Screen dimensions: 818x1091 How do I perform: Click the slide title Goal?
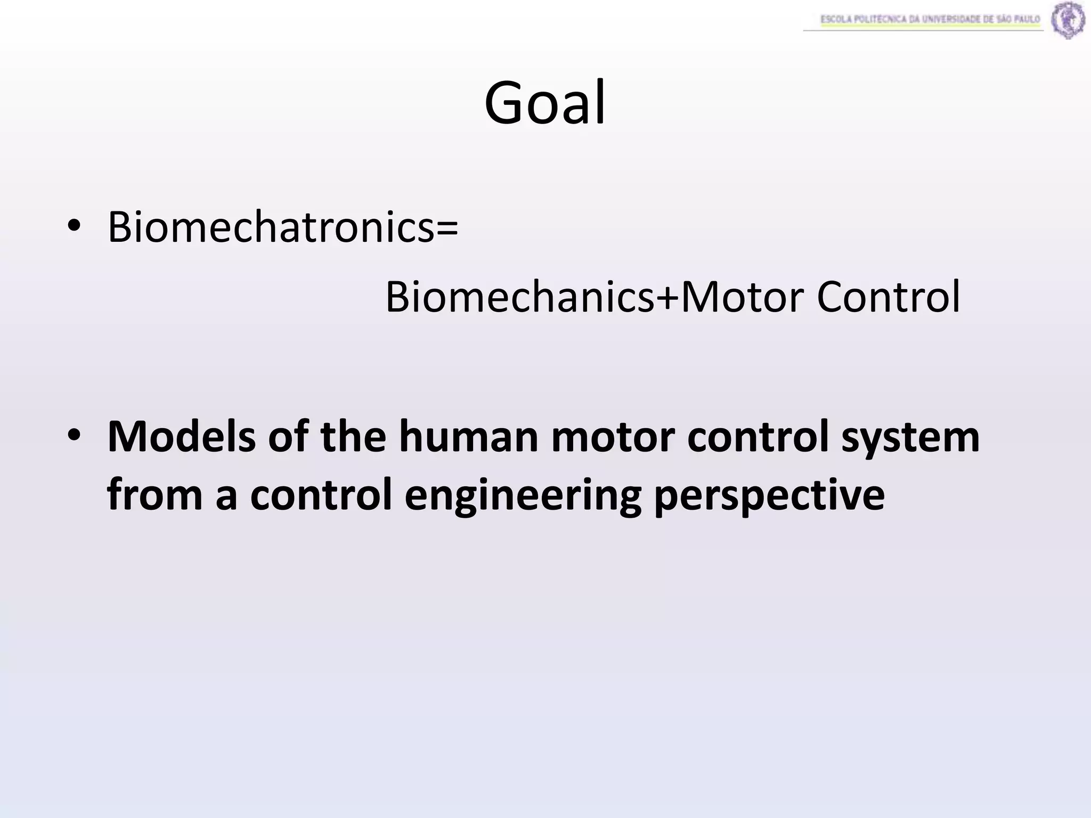tap(544, 103)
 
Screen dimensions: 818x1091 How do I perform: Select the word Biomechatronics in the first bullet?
tap(271, 227)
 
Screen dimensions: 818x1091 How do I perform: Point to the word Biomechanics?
tap(519, 297)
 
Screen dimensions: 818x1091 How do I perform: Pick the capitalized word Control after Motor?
tap(888, 297)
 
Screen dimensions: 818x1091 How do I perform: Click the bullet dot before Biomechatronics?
tap(74, 227)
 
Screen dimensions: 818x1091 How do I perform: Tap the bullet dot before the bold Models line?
tap(74, 436)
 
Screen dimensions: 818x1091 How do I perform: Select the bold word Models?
tap(182, 436)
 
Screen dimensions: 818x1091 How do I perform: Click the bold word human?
tap(469, 436)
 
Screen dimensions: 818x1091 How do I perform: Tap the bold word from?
tap(155, 495)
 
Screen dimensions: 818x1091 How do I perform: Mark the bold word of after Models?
tap(288, 436)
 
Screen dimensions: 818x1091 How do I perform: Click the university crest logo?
tap(1068, 20)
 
